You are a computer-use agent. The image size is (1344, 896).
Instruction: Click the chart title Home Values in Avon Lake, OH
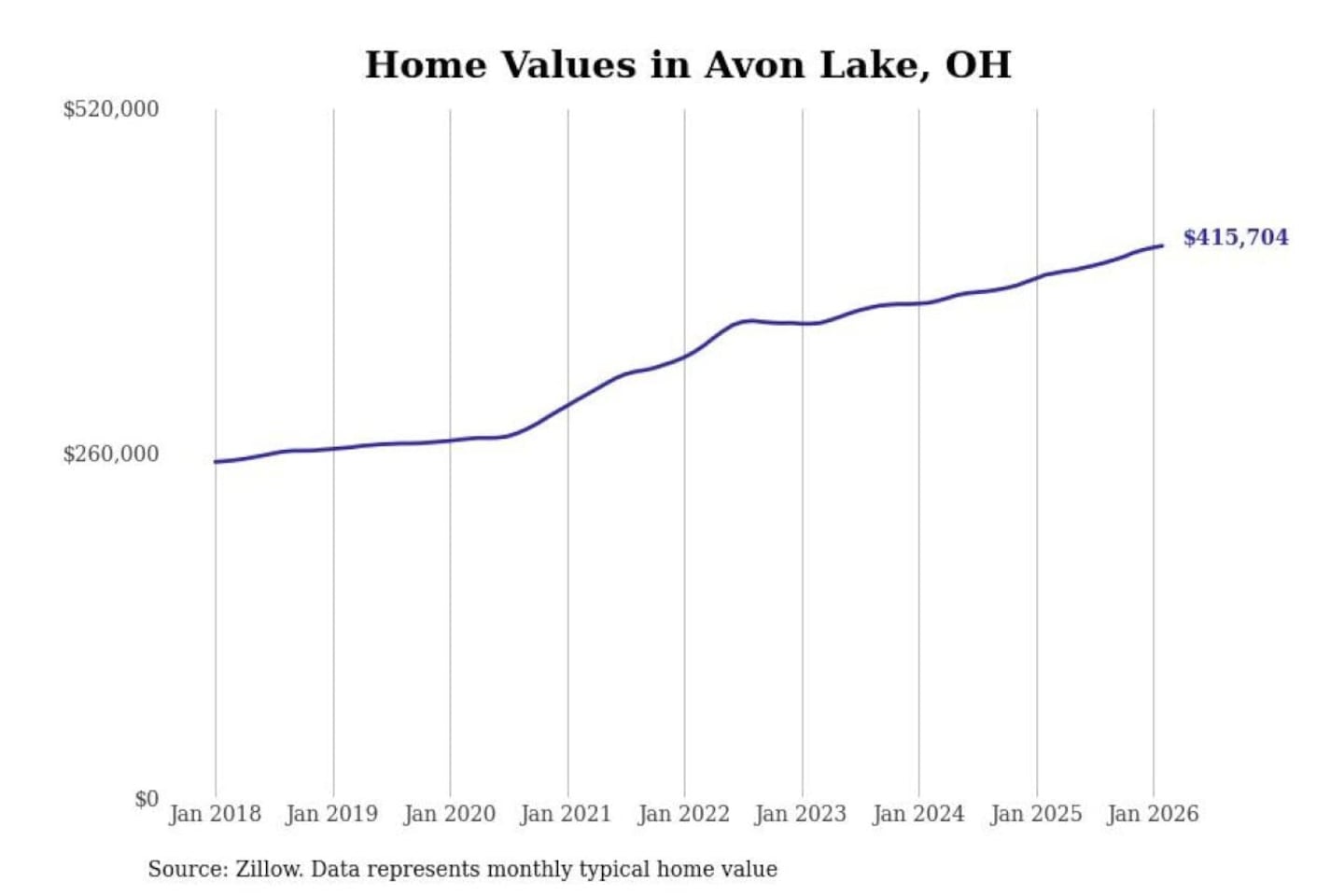688,64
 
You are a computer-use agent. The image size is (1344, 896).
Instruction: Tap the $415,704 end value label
1235,237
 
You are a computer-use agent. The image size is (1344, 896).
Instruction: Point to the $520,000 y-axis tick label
111,109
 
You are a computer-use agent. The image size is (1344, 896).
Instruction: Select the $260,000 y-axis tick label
111,455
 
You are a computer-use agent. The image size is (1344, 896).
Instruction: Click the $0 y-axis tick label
147,799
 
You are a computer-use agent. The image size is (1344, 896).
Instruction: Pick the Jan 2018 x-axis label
215,814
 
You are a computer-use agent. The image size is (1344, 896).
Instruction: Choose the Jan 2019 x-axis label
331,814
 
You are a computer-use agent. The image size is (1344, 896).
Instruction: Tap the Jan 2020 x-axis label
449,814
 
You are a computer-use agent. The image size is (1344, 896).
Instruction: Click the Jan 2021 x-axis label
566,814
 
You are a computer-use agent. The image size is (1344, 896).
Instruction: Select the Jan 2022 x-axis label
683,814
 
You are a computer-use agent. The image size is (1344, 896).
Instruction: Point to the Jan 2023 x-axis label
800,814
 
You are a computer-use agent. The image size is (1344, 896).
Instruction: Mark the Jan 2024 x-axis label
917,814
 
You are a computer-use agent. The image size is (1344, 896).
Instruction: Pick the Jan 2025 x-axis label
1035,814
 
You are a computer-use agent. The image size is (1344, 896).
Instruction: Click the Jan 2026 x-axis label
1152,814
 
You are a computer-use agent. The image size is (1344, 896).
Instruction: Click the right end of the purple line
1162,245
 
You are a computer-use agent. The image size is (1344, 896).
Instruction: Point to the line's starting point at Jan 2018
216,461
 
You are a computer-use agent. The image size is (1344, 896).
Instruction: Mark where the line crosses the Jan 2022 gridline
684,356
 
